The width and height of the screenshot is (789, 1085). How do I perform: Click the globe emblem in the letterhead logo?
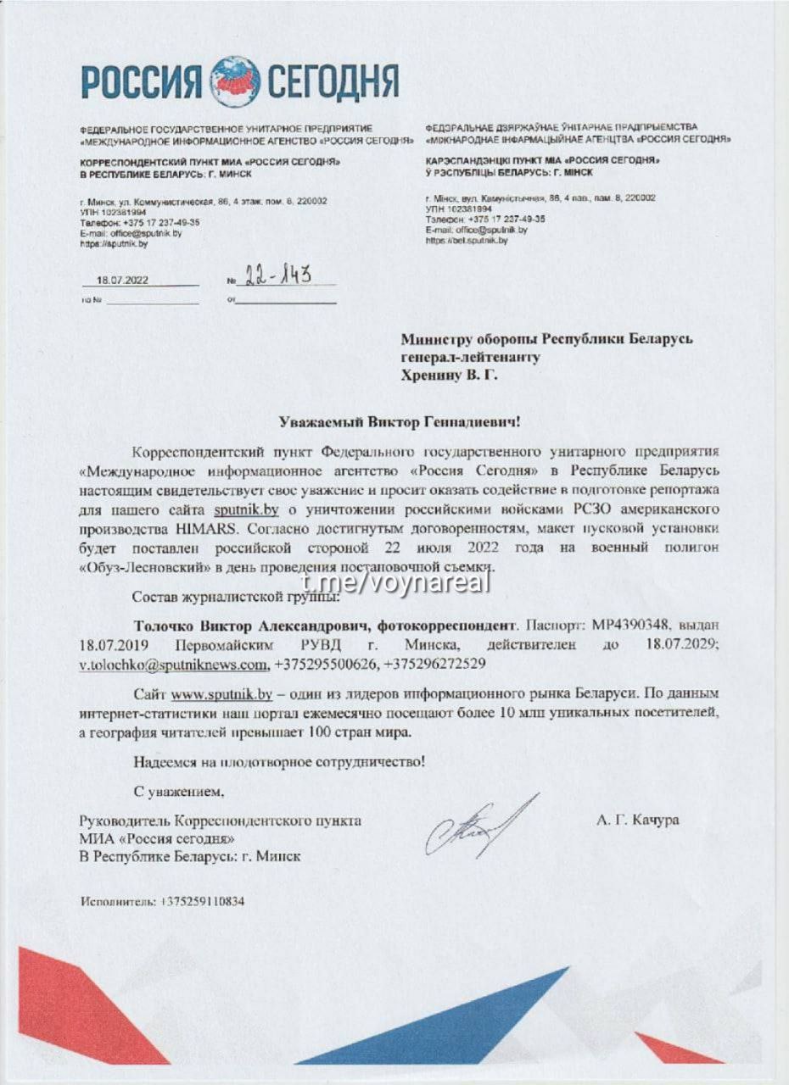(x=235, y=81)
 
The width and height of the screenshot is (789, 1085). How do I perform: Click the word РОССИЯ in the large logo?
(x=142, y=81)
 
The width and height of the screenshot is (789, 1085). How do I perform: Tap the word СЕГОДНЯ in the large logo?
(x=333, y=81)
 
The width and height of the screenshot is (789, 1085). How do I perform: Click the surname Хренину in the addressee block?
(x=435, y=376)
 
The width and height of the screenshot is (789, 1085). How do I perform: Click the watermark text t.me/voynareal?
(x=395, y=582)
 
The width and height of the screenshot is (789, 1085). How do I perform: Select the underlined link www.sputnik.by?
(x=221, y=695)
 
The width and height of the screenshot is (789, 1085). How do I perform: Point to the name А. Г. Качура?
(x=637, y=821)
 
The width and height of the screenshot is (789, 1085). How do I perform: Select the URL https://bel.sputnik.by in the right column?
(x=467, y=241)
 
